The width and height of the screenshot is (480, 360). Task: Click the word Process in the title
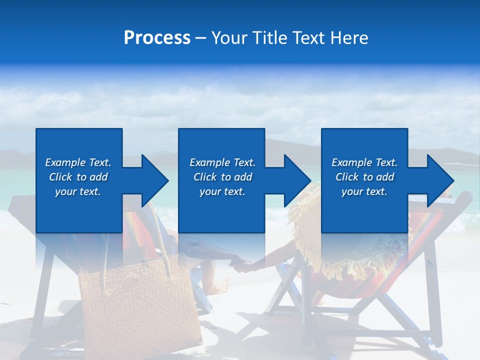(x=157, y=38)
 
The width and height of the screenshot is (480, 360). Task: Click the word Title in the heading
(x=270, y=38)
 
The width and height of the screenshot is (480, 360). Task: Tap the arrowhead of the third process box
(x=439, y=180)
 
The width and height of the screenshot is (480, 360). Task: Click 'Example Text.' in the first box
(x=78, y=162)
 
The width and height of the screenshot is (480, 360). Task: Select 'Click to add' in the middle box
(x=222, y=177)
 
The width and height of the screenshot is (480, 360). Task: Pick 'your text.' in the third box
(x=364, y=191)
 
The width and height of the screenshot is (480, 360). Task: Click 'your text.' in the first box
(x=78, y=191)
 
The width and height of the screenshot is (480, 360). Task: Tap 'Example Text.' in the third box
(x=364, y=162)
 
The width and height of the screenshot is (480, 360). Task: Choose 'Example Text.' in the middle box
(x=222, y=162)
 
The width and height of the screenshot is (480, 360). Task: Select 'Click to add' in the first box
(x=78, y=177)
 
